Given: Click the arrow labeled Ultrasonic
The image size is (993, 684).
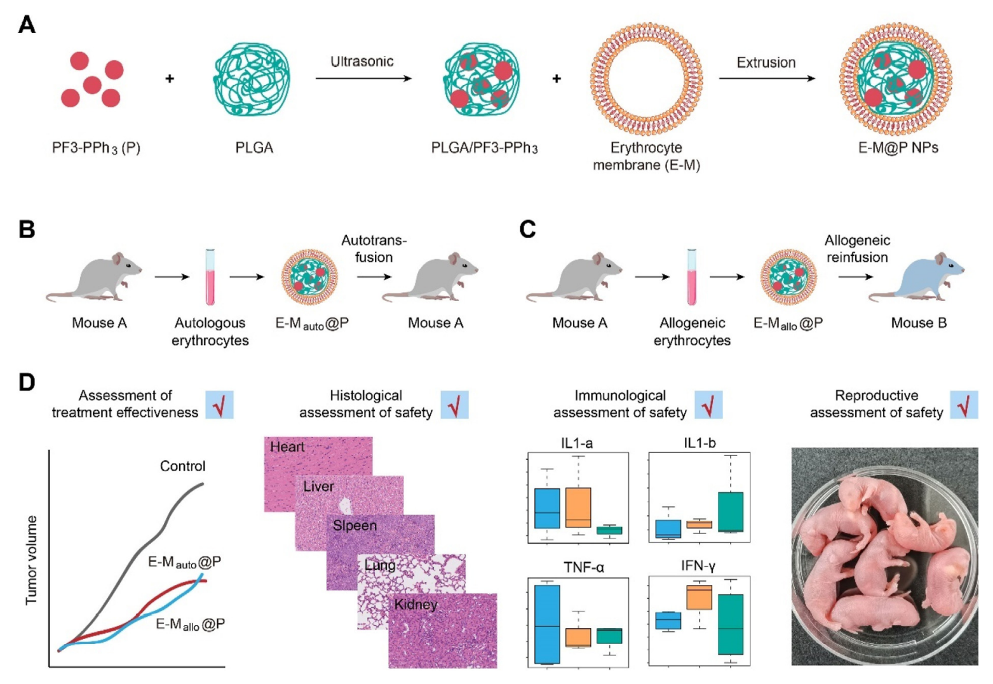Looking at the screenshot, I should pyautogui.click(x=363, y=79).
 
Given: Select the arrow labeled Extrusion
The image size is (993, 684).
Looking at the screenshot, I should pyautogui.click(x=766, y=79).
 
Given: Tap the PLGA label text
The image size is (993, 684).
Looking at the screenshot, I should pyautogui.click(x=254, y=148).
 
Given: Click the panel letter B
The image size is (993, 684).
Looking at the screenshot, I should pyautogui.click(x=27, y=229).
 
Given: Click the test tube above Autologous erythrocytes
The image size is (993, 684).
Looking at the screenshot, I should pyautogui.click(x=210, y=278).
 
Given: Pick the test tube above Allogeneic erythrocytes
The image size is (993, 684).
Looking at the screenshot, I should pyautogui.click(x=691, y=278).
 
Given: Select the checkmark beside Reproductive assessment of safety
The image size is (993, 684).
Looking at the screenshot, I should pyautogui.click(x=964, y=405).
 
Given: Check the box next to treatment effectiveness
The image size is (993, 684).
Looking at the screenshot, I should pyautogui.click(x=219, y=405).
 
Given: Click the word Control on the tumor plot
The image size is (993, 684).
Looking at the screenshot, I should pyautogui.click(x=182, y=466).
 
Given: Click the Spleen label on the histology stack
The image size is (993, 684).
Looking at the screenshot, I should pyautogui.click(x=355, y=526).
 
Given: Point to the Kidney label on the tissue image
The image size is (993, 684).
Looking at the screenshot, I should pyautogui.click(x=415, y=605).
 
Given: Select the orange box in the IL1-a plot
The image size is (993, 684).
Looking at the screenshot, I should pyautogui.click(x=578, y=507).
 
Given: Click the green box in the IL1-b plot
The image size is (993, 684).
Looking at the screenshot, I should pyautogui.click(x=731, y=512).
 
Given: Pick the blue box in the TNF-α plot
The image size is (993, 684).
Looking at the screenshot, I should pyautogui.click(x=547, y=624).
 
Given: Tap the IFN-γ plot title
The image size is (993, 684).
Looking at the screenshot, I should pyautogui.click(x=698, y=566).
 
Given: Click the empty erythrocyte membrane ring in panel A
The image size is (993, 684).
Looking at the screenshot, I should pyautogui.click(x=645, y=80).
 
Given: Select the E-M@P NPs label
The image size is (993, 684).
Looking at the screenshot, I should pyautogui.click(x=898, y=148).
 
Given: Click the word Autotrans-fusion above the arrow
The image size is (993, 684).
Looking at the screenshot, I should pyautogui.click(x=374, y=248).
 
